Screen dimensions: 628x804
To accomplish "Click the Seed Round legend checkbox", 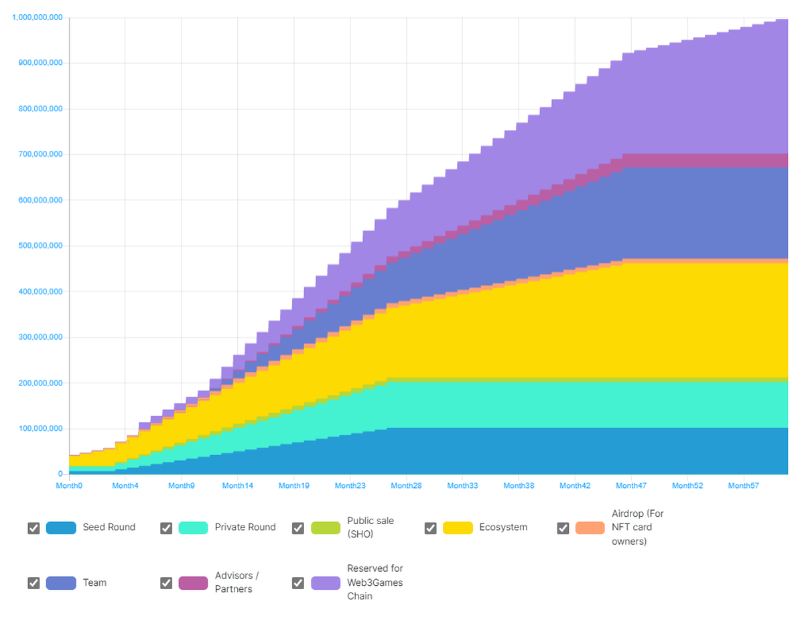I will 33,528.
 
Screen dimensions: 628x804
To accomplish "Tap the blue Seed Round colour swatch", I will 61,528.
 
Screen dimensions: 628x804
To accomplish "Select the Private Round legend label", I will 245,527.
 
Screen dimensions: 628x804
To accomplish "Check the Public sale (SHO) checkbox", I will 298,528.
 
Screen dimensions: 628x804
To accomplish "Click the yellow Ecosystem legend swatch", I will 458,528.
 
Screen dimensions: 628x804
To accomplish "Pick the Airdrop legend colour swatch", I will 590,528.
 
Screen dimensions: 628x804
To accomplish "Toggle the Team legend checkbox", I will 33,583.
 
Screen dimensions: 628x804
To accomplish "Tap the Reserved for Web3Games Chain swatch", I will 326,583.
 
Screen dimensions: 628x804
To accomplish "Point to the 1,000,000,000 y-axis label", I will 38,17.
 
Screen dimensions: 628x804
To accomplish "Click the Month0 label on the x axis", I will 69,485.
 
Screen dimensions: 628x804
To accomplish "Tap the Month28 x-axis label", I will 406,485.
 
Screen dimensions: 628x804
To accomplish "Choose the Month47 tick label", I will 630,485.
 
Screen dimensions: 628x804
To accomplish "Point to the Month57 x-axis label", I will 743,485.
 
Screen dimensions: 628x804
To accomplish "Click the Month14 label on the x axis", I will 238,485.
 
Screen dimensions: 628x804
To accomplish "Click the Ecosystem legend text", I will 503,527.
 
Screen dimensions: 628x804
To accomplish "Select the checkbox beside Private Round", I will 166,528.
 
